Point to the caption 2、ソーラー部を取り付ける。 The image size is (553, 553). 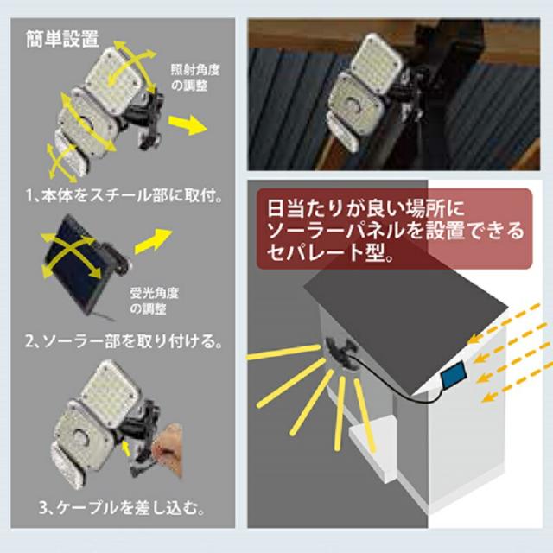[x=129, y=342]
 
